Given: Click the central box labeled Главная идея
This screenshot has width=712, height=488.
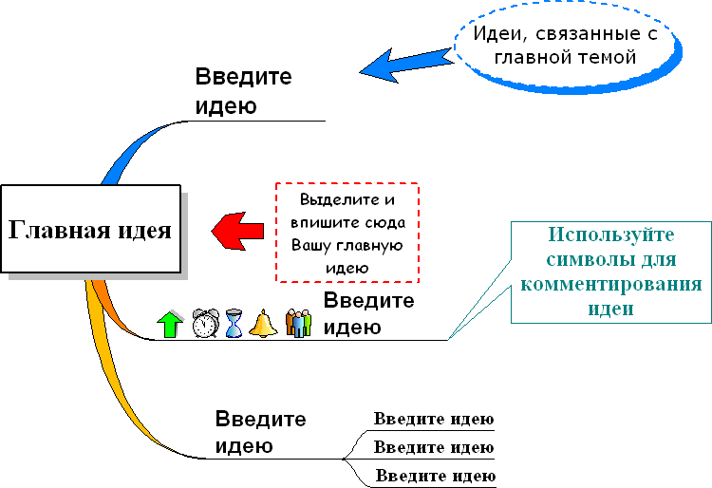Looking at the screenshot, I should click(x=91, y=229).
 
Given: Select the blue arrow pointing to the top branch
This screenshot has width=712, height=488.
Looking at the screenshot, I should click(x=403, y=63).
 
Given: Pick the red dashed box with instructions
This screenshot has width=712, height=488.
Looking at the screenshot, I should click(x=347, y=233).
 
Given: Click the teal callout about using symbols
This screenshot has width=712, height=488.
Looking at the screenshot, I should click(x=610, y=271).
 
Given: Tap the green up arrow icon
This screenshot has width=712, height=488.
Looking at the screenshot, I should click(x=170, y=324).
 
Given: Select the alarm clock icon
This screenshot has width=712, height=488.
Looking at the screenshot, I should click(x=205, y=323).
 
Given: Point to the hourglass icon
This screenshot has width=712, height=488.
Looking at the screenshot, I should click(x=234, y=324).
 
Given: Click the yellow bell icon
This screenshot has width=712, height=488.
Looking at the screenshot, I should click(x=263, y=324).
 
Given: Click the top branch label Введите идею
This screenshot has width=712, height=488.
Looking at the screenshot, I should click(x=243, y=91).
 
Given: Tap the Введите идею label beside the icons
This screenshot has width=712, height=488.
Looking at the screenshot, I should click(x=368, y=314).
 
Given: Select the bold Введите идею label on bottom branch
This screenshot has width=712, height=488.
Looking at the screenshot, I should click(x=260, y=432).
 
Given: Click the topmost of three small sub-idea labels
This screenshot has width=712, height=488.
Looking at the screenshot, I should click(x=433, y=420).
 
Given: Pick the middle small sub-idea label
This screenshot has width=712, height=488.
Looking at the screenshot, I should click(x=434, y=446).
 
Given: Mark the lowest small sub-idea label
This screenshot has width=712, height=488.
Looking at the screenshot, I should click(x=435, y=475).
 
